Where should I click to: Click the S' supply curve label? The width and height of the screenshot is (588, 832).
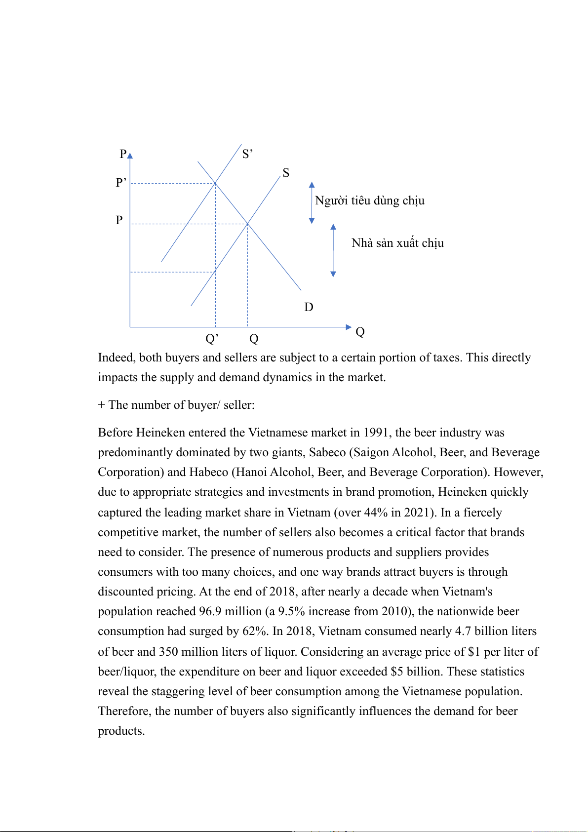247,154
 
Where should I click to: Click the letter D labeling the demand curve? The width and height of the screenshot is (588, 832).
309,307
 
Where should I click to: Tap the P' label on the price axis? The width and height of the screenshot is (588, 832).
121,183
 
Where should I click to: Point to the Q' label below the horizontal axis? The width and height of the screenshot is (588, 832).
212,339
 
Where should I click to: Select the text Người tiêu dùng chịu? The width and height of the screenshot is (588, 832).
370,200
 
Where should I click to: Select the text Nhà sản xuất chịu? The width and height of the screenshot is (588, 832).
397,243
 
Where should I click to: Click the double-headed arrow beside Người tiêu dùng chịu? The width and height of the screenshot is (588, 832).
312,202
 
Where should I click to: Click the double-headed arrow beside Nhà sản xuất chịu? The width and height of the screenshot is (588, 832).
333,250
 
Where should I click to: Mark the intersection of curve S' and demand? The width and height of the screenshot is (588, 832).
215,184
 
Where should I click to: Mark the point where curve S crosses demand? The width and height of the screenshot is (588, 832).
247,224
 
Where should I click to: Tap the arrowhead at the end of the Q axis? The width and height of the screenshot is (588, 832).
349,327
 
